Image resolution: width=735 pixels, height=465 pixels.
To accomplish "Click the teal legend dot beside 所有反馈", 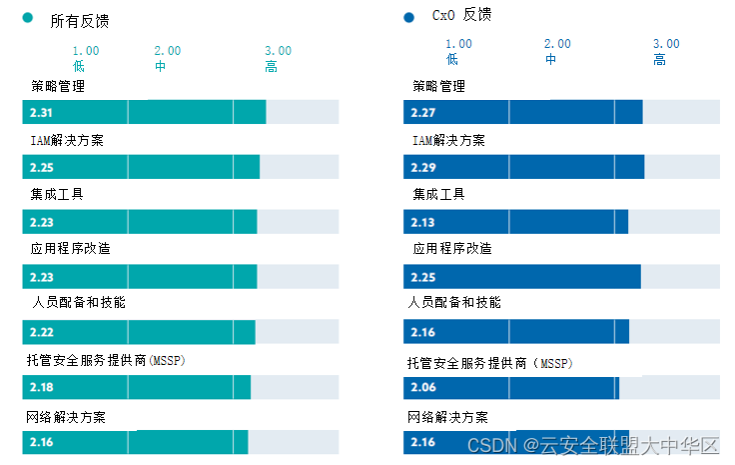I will coord(28,19).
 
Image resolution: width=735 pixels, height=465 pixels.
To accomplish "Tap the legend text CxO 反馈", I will coord(460,15).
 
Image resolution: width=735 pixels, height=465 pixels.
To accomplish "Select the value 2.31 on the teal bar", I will coord(42,112).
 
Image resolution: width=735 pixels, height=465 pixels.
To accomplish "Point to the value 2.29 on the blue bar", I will coord(423,166).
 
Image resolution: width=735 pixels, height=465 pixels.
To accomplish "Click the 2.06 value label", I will coord(423,387).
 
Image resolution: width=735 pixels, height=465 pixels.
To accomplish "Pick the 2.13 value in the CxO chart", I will coord(423,222).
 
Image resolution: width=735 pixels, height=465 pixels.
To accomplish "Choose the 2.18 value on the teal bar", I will coord(42,387).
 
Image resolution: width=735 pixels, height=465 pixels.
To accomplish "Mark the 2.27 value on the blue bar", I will coord(423,112).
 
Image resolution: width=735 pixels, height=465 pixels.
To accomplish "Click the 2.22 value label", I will coord(42,332).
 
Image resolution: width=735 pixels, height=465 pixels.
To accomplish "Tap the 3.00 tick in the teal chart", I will coord(278,51).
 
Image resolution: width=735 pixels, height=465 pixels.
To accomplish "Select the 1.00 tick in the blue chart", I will coord(458,44).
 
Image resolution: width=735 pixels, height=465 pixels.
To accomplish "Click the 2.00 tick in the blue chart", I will coord(557,44).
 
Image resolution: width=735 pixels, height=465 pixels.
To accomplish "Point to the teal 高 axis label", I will coord(272,67).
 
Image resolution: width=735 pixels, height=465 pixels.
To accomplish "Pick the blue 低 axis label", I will coord(452,60).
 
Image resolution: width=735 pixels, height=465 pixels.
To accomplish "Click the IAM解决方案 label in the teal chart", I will coord(67,140).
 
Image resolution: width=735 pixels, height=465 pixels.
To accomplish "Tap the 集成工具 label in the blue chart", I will coord(438,194).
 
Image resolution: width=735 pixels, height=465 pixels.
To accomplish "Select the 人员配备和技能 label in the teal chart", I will coord(78,302).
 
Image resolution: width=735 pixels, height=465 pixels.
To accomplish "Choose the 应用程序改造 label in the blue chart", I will coord(452,249).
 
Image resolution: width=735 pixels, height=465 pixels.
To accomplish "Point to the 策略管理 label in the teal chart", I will coord(58,86).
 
